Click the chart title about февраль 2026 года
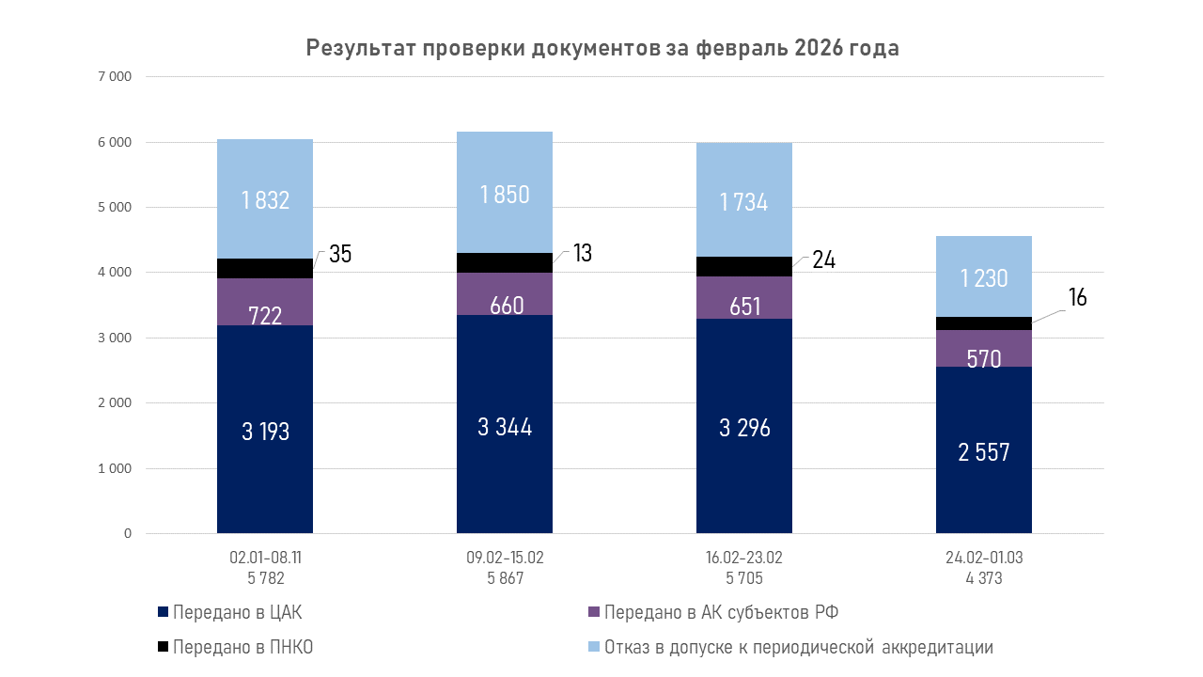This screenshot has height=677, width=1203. point(602,49)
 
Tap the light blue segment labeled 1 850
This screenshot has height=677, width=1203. point(505,193)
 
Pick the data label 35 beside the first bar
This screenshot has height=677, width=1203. point(340,254)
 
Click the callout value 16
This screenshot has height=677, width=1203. point(1077,298)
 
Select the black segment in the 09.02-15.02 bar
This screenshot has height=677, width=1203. point(505,262)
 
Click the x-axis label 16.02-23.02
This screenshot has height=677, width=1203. point(744,558)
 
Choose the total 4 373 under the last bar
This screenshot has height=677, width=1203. point(984,578)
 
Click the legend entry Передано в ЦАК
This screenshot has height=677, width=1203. point(237,613)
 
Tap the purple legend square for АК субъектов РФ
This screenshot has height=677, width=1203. point(592,613)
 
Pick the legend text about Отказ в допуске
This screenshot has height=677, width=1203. point(799,647)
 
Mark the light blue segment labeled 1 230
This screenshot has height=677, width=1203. point(984,276)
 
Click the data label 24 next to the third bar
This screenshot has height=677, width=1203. point(823,260)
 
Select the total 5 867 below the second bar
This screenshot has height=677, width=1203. point(505,578)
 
